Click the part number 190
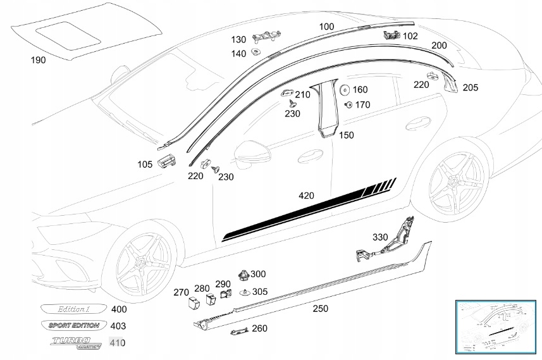tap(38, 60)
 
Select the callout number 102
tap(410, 36)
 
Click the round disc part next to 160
tap(345, 90)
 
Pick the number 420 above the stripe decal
tap(306, 196)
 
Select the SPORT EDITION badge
tap(73, 326)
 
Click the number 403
tap(118, 326)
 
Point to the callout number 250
tap(321, 308)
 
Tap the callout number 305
tap(259, 292)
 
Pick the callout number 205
tap(471, 88)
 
